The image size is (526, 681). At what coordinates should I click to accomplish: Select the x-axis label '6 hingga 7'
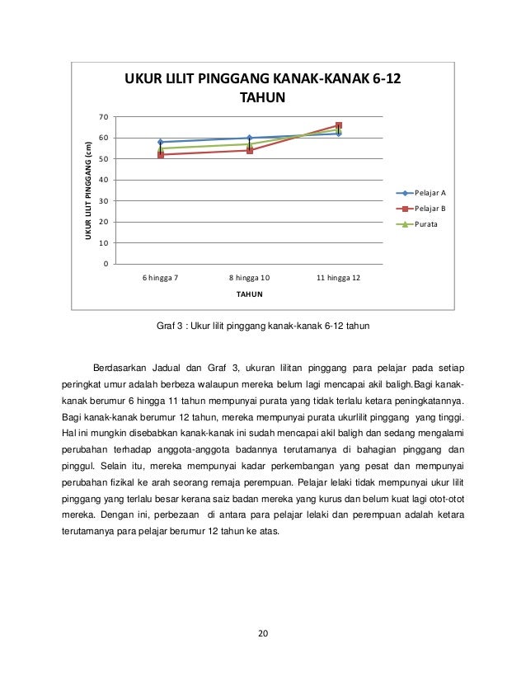pos(160,278)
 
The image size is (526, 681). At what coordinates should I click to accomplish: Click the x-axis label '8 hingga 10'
pos(249,278)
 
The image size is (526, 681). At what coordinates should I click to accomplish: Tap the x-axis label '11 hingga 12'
pos(338,278)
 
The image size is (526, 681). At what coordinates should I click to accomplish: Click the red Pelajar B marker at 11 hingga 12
pos(339,126)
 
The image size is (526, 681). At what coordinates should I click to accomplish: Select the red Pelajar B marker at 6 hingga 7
pos(160,155)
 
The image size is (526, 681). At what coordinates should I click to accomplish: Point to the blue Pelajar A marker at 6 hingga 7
pos(160,142)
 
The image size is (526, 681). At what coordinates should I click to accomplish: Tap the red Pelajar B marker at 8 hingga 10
pos(250,150)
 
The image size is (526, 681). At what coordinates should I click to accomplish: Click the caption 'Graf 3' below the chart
pos(170,325)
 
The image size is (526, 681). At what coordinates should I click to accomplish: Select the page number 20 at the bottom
pos(262,633)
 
